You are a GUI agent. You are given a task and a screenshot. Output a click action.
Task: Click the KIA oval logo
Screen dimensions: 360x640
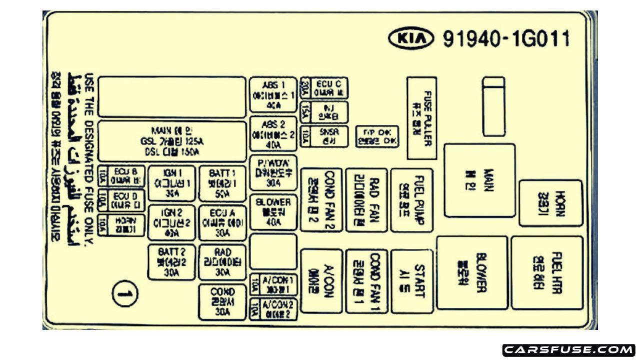pos(410,38)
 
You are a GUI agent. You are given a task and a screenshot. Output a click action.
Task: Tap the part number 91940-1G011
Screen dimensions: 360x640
pos(506,38)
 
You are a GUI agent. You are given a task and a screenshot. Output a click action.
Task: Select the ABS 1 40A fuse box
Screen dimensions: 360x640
pos(273,94)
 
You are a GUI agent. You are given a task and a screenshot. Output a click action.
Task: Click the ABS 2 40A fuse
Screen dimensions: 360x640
pos(273,133)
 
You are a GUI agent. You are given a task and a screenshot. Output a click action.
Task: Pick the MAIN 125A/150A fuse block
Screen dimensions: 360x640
pos(172,141)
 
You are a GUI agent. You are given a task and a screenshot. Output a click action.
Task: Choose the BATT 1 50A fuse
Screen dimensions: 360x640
pos(222,183)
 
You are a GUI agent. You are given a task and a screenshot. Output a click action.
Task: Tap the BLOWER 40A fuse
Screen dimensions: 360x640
pos(273,212)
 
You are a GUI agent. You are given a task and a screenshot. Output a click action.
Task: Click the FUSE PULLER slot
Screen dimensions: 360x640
pos(421,118)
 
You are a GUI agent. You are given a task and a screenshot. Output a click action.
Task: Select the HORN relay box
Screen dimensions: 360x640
pos(550,203)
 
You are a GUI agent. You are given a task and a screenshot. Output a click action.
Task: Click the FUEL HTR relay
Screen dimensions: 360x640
pos(546,272)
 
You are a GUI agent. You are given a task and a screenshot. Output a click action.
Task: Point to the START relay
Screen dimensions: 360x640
pos(411,281)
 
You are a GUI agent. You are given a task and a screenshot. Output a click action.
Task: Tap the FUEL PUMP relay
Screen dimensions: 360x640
pos(411,200)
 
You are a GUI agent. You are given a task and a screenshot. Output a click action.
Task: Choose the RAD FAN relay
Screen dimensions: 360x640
pos(366,200)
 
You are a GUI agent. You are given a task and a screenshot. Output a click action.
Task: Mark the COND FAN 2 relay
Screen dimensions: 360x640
pos(321,200)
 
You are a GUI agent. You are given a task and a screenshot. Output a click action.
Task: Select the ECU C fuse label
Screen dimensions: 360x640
pos(329,88)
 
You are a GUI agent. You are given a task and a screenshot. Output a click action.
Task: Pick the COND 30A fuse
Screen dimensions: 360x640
pos(222,302)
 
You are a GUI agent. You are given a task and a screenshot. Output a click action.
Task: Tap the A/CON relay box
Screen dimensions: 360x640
pos(321,281)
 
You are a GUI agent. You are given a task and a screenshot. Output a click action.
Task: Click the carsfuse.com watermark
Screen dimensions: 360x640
pos(568,349)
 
